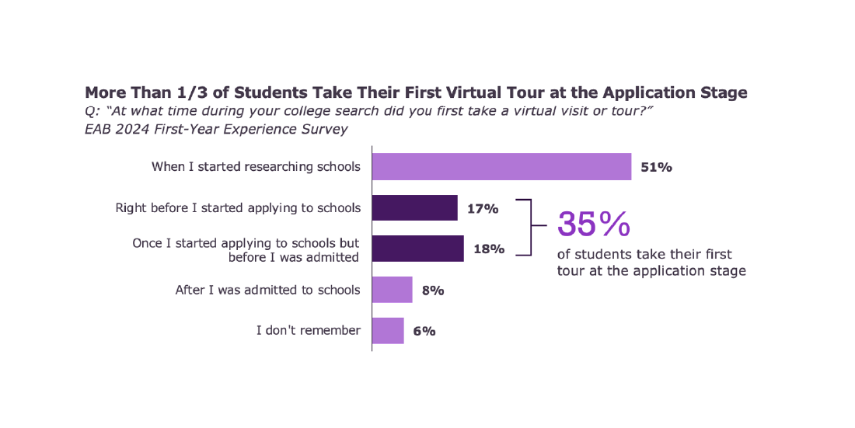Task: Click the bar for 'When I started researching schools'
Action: point(501,167)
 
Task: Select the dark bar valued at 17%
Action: point(415,208)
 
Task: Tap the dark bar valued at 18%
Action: point(418,249)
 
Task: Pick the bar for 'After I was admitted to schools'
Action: point(393,290)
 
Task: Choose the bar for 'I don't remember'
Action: point(388,330)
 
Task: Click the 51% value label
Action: point(656,167)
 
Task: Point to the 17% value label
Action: point(483,208)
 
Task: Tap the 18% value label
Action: point(489,249)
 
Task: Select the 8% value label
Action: point(433,291)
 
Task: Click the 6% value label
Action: point(424,331)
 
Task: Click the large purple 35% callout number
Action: point(594,224)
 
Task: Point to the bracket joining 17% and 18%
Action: point(530,227)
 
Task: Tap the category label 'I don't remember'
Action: point(309,330)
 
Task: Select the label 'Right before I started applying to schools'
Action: point(238,207)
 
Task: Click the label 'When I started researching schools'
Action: point(256,166)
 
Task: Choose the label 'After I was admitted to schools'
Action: point(267,290)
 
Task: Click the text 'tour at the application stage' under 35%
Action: point(651,271)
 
